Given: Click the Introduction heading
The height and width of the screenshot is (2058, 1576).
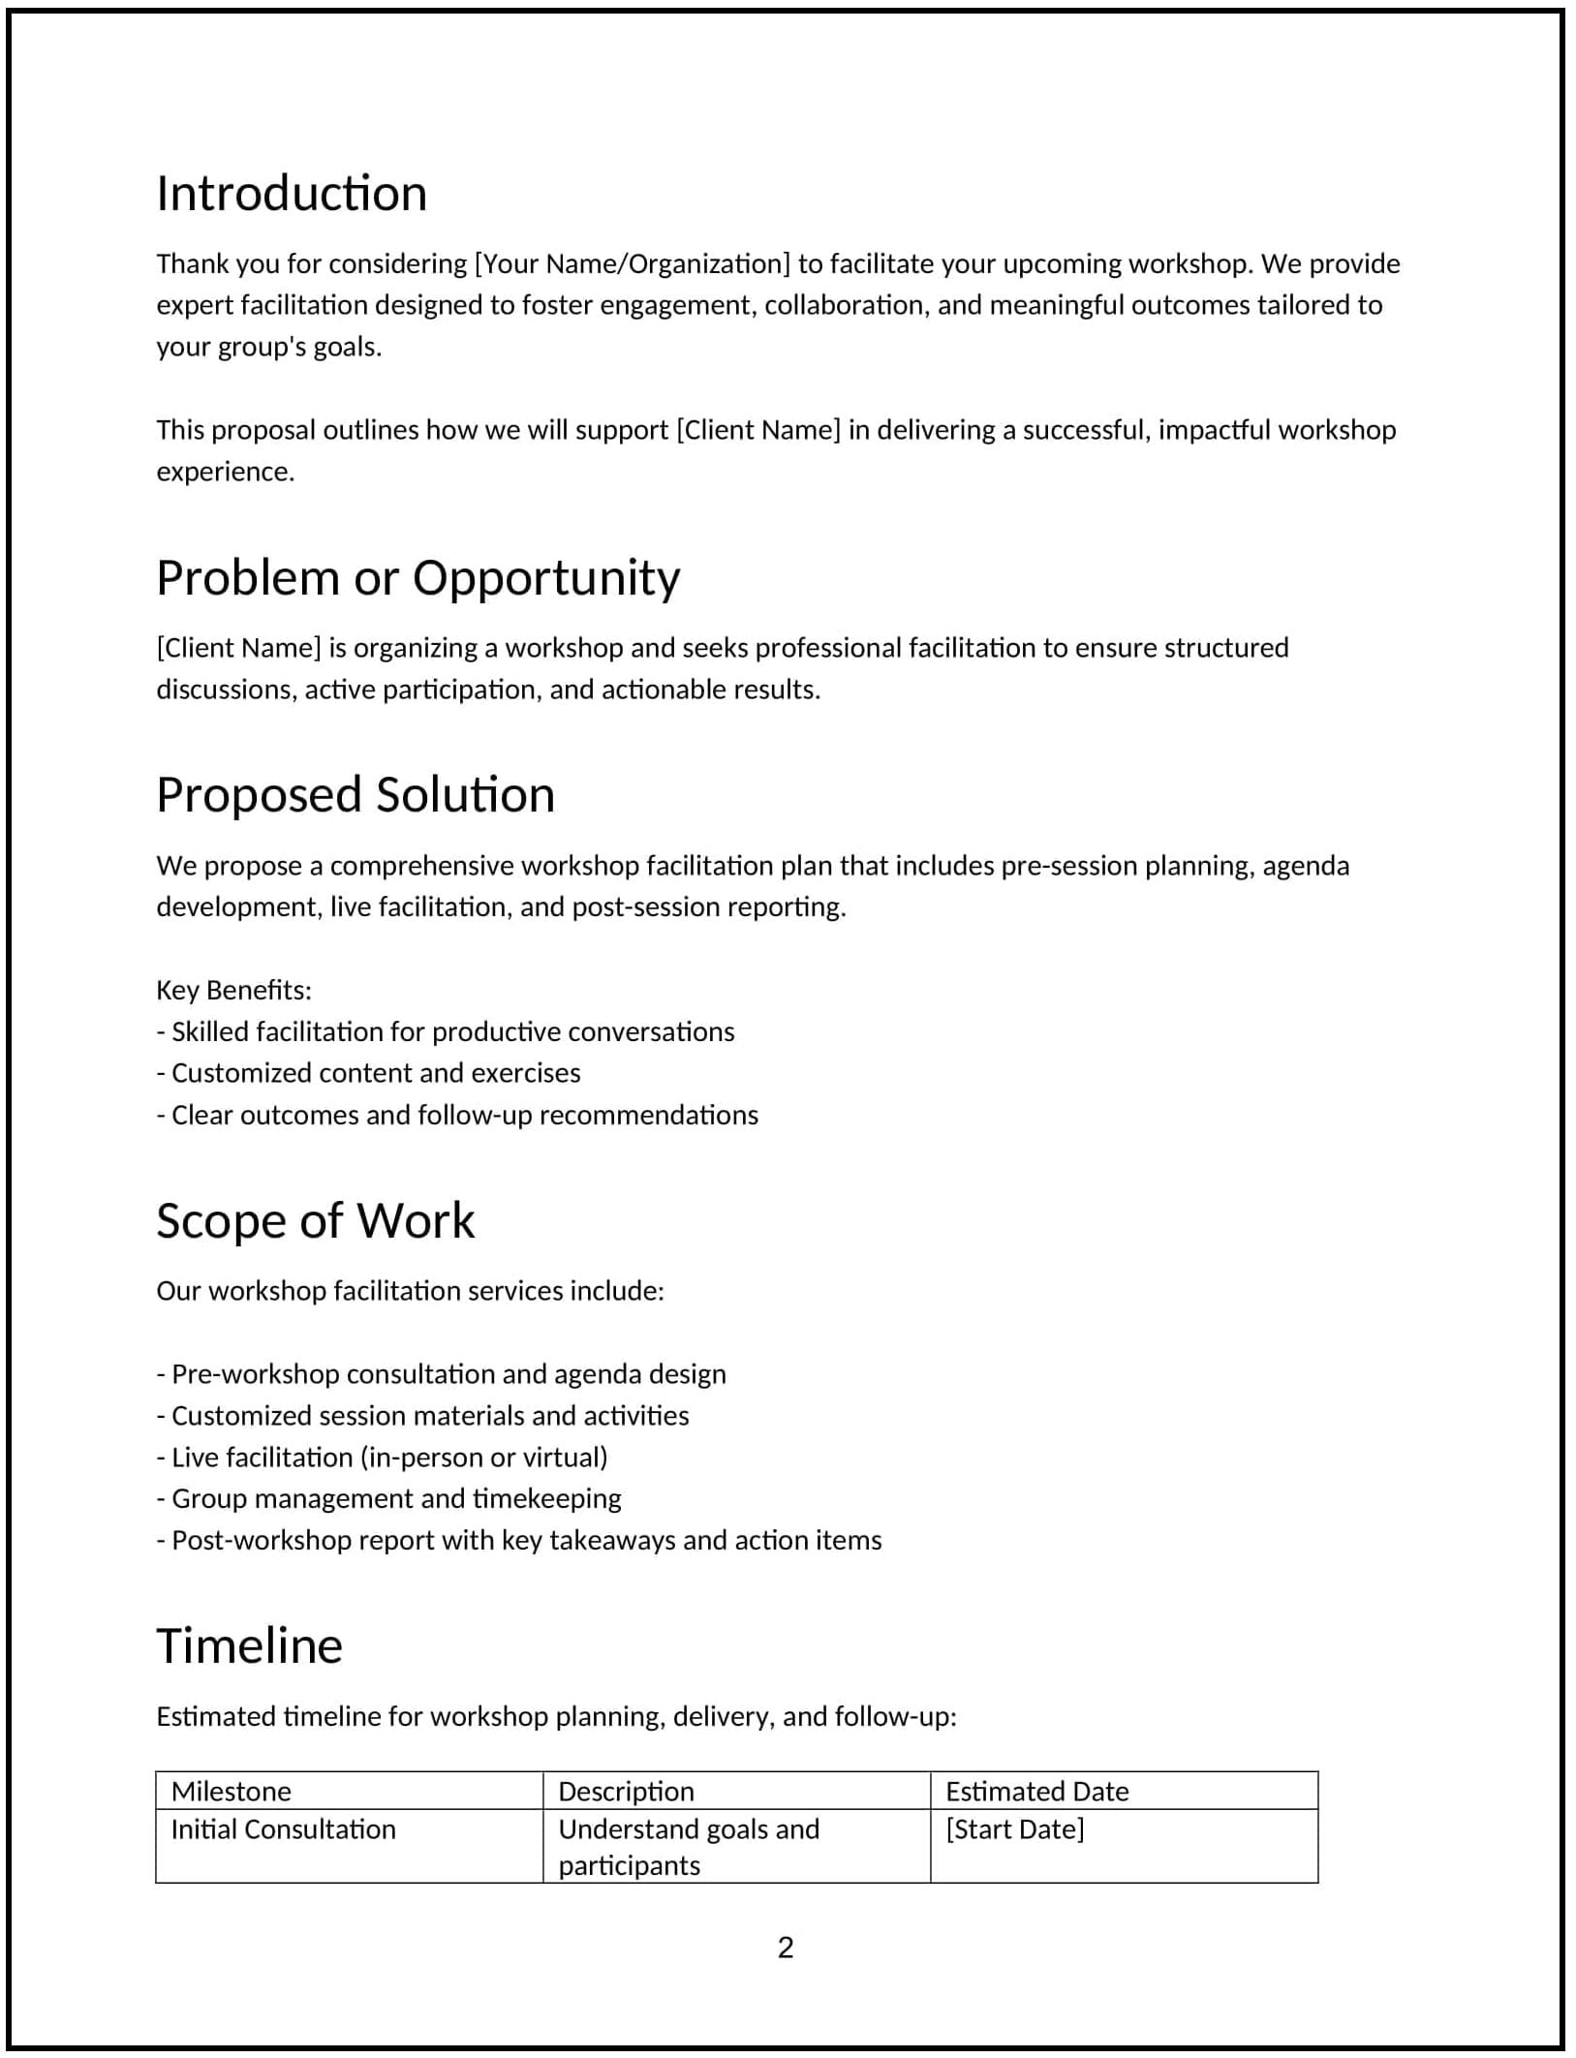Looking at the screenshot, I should (x=292, y=194).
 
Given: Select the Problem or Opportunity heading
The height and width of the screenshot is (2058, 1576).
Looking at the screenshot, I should (x=417, y=578).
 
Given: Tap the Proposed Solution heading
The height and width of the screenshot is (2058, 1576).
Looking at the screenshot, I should (x=355, y=795).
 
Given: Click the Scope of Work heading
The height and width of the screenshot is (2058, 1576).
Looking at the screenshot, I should (x=315, y=1221).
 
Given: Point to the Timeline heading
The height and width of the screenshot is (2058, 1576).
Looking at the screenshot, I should (x=249, y=1646).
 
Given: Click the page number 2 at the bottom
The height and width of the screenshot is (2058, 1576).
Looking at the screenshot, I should (x=786, y=1948).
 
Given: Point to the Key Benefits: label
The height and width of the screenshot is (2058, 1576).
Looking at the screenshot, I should (x=233, y=990).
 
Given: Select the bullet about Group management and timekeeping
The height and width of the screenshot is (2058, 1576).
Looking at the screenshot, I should (x=388, y=1499).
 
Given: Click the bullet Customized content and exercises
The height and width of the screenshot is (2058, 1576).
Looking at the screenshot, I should (x=368, y=1073).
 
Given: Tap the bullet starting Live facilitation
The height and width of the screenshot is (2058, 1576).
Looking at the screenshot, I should (x=382, y=1458).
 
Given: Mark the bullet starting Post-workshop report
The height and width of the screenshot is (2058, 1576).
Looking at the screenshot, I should (x=518, y=1541).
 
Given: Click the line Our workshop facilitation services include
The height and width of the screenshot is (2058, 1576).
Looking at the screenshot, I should (x=410, y=1291).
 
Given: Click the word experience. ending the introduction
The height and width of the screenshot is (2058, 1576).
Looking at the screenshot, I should (x=225, y=472).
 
